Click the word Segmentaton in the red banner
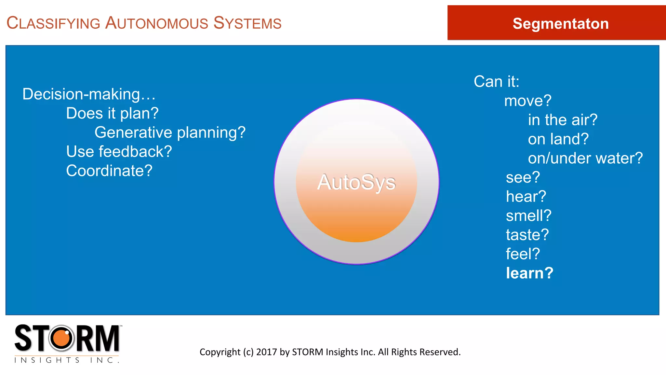pos(560,24)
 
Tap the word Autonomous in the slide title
pos(156,23)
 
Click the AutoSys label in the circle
pos(356,182)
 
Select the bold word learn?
pos(529,273)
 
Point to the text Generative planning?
pos(170,133)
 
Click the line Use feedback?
pos(119,152)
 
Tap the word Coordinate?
pos(109,171)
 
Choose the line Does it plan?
pos(112,114)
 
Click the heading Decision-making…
pos(89,94)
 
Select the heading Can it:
pos(496,81)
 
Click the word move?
pos(527,101)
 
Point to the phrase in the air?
pos(563,120)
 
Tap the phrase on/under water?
pos(585,159)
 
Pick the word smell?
pos(528,216)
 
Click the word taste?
pos(527,235)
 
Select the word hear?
pos(526,197)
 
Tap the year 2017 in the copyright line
pos(267,352)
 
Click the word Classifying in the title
pos(53,23)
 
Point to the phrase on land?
pos(558,139)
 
